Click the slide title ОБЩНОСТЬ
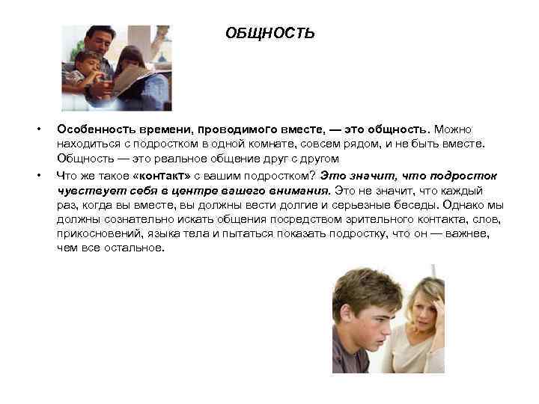click(x=269, y=34)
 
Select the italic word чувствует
click(x=87, y=190)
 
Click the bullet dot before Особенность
click(x=37, y=129)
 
